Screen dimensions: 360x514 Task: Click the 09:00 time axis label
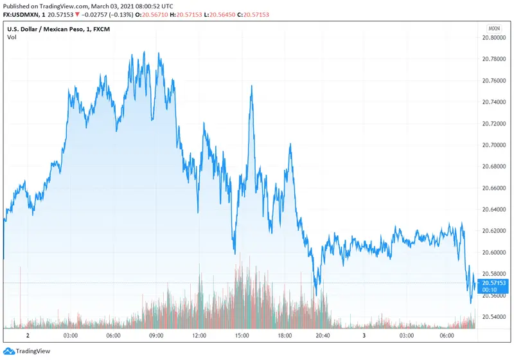tap(156, 336)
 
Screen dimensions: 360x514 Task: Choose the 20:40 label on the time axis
tap(323, 336)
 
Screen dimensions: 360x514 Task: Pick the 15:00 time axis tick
tap(242, 336)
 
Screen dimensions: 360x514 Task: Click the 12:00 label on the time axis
tap(199, 336)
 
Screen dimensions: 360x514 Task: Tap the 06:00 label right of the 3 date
tap(447, 336)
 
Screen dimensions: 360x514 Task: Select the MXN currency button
tap(494, 29)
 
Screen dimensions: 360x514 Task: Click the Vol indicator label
tap(12, 37)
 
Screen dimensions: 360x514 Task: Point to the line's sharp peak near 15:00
tap(251, 85)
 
